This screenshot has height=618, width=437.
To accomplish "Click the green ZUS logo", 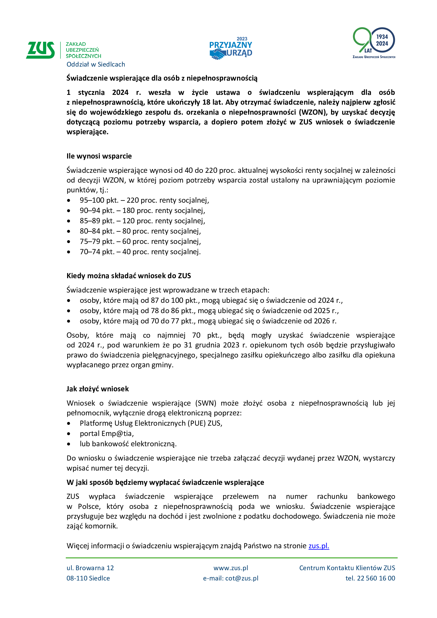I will (x=40, y=50).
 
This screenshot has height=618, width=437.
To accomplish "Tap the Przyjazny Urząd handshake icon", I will (x=217, y=54).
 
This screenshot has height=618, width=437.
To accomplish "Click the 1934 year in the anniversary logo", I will (x=382, y=37).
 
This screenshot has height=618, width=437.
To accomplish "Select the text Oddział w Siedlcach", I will (x=96, y=64).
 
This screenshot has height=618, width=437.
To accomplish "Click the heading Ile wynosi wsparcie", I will (x=99, y=156).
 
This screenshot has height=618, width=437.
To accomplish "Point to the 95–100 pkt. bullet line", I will (x=144, y=200).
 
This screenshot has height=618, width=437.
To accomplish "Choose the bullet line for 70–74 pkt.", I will (x=140, y=252).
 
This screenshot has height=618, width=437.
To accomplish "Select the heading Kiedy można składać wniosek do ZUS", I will (x=129, y=276).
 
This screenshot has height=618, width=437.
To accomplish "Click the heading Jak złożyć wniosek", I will (x=98, y=389).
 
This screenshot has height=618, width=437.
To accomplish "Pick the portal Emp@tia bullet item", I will (x=106, y=433).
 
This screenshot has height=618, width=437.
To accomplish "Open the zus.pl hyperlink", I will (x=319, y=546).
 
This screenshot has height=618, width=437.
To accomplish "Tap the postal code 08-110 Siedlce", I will (x=88, y=578).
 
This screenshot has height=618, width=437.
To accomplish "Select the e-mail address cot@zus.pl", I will (x=242, y=578).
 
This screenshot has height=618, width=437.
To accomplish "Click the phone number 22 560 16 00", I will (x=376, y=578).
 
